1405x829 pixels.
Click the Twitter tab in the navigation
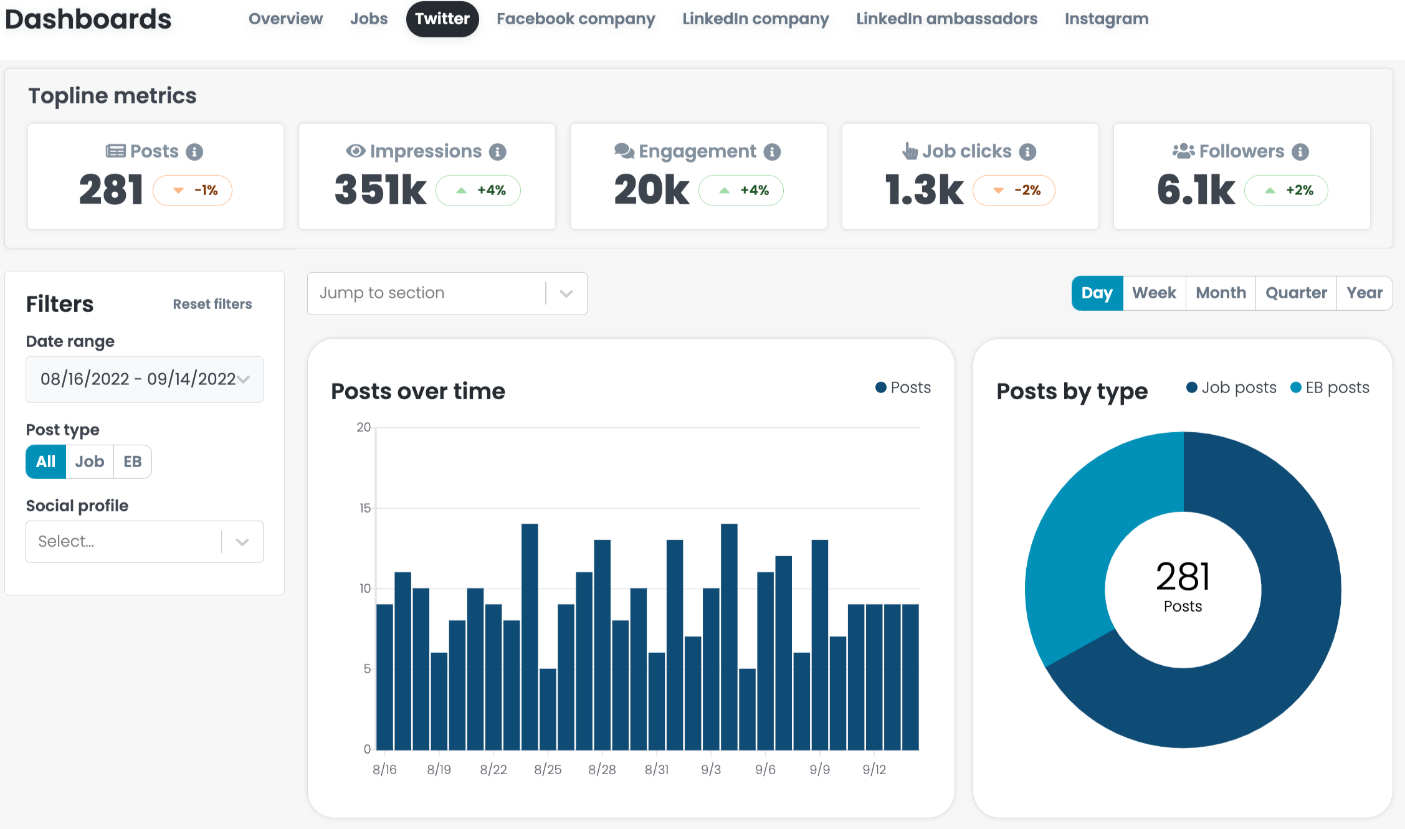442,19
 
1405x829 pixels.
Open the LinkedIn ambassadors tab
946,19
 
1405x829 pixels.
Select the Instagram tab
1107,19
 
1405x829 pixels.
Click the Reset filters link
212,304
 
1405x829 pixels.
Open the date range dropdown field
145,379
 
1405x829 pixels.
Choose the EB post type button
133,462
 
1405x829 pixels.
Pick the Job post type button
90,462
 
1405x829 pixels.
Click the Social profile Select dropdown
145,542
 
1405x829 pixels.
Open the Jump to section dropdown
447,293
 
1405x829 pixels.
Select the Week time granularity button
1154,293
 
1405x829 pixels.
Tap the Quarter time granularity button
1296,293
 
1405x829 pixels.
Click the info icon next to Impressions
498,151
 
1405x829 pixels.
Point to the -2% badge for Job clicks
1014,191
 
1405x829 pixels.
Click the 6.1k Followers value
1196,190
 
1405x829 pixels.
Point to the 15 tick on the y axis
365,508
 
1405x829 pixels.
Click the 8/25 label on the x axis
548,770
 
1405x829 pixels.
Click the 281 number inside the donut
1183,576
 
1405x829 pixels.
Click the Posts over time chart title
418,391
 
